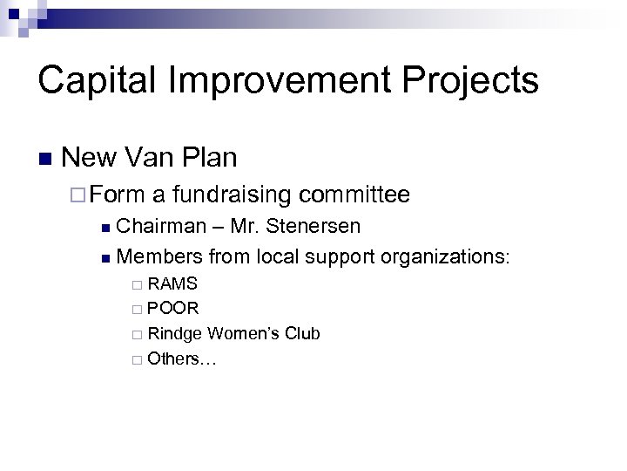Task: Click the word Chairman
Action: [x=160, y=227]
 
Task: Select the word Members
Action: [x=158, y=256]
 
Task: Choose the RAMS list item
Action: [x=172, y=283]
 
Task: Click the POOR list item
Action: [x=173, y=308]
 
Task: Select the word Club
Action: [x=302, y=333]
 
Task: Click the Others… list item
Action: [x=181, y=358]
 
